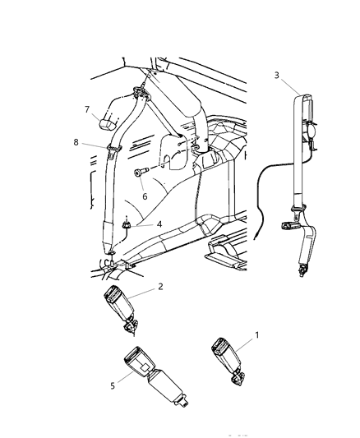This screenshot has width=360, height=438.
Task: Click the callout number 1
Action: [x=257, y=335]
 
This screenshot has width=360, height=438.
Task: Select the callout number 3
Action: [x=276, y=75]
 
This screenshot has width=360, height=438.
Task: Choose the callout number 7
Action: [x=85, y=108]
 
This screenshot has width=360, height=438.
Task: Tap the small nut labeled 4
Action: [x=127, y=223]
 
